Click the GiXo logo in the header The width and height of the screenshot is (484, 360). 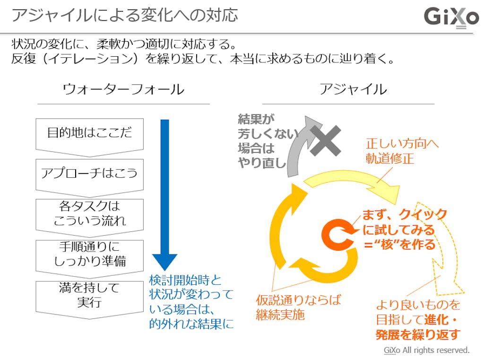point(451,18)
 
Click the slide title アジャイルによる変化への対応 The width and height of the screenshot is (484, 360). point(124,16)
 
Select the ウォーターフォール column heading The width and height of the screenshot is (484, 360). point(123,89)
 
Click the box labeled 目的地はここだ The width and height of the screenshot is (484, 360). point(89,133)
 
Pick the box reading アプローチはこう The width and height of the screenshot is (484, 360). point(89,173)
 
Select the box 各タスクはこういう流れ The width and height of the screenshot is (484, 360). point(89,213)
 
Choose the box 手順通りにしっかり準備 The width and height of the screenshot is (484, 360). point(89,254)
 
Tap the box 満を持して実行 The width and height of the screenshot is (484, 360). point(89,295)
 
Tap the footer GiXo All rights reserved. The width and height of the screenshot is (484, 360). point(426,351)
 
